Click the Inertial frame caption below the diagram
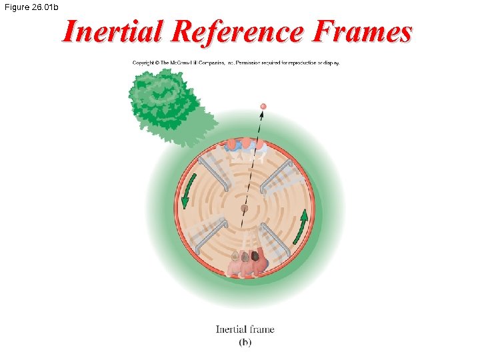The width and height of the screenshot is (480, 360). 245,329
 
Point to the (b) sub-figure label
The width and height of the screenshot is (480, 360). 245,342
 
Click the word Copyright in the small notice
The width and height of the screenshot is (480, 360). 144,63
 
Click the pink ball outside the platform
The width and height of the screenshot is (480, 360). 263,106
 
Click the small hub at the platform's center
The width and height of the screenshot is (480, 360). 245,209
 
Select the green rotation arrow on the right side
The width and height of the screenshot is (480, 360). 303,225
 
